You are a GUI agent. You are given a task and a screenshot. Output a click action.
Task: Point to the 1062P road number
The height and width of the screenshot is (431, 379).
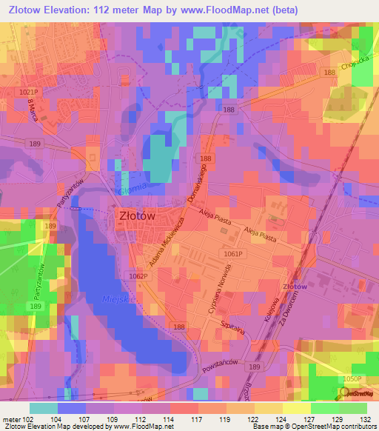138,276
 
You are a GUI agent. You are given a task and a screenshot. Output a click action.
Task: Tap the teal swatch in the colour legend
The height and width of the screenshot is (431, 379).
43,408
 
